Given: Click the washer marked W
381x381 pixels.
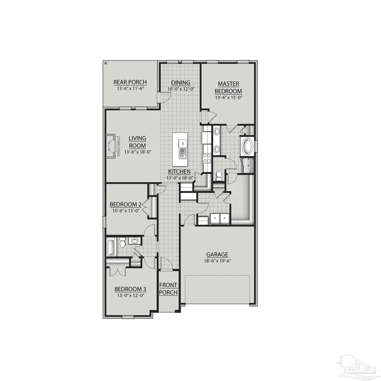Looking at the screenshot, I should point(215,218).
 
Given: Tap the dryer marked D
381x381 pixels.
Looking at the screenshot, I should point(224,218).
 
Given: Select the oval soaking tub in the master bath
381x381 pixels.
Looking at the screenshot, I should point(246,147).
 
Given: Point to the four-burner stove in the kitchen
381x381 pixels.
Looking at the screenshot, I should point(207,158).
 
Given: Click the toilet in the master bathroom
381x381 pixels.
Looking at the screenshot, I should point(219,174).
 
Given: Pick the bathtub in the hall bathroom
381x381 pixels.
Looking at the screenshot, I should point(111,247).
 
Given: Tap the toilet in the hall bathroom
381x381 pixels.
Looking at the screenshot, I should point(121,243).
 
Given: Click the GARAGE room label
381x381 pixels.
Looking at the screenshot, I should point(217,255).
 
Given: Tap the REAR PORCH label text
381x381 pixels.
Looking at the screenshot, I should point(130,82).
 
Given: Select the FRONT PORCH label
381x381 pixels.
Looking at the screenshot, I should point(168,289).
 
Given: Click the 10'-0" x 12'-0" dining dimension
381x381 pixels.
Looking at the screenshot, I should point(180,89).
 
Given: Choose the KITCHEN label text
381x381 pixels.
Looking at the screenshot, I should point(179,171).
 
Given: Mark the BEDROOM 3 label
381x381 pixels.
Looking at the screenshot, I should point(130,290).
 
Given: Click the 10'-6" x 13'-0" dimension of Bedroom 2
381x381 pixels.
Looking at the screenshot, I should point(125,210).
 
